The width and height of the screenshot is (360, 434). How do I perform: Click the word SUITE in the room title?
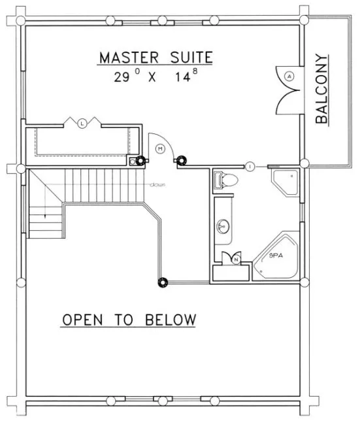[189, 58]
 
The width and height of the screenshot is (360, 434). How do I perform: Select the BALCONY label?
[322, 90]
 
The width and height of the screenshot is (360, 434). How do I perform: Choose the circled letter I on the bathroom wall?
[250, 166]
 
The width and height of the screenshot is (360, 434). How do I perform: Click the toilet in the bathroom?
[225, 180]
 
